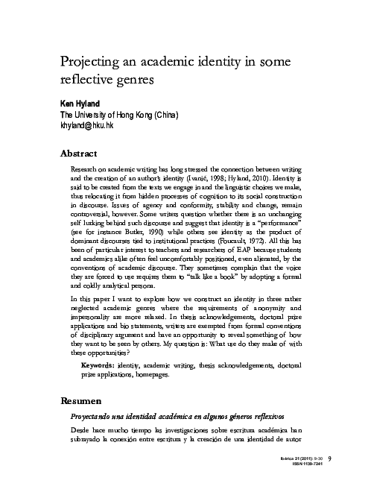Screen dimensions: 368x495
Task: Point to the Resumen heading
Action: [x=83, y=401]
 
